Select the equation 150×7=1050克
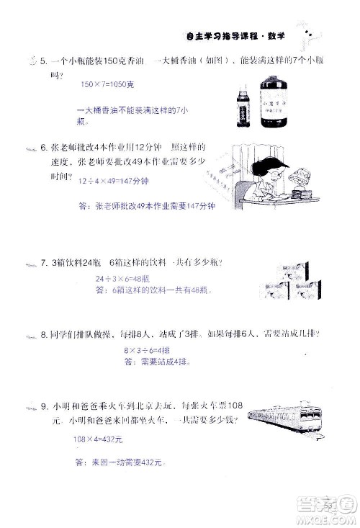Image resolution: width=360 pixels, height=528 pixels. tap(107, 84)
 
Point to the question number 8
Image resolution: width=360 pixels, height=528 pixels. tap(43, 334)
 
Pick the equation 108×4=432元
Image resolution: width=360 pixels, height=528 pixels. tap(98, 439)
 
